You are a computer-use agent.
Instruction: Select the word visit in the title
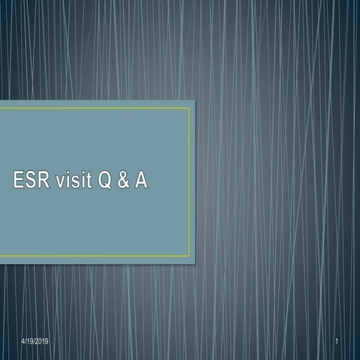(x=79, y=181)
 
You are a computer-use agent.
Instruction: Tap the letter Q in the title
(x=109, y=181)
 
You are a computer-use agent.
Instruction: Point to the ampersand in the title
(x=124, y=181)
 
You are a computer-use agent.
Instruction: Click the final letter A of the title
(x=140, y=181)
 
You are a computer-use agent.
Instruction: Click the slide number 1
(x=339, y=342)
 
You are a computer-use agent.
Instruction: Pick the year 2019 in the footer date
(x=42, y=342)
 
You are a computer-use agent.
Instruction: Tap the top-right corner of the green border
(x=189, y=108)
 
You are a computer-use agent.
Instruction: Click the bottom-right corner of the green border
(x=189, y=256)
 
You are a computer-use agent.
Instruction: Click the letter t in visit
(x=93, y=181)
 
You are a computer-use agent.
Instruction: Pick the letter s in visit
(x=80, y=181)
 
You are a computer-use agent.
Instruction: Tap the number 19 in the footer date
(x=31, y=342)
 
